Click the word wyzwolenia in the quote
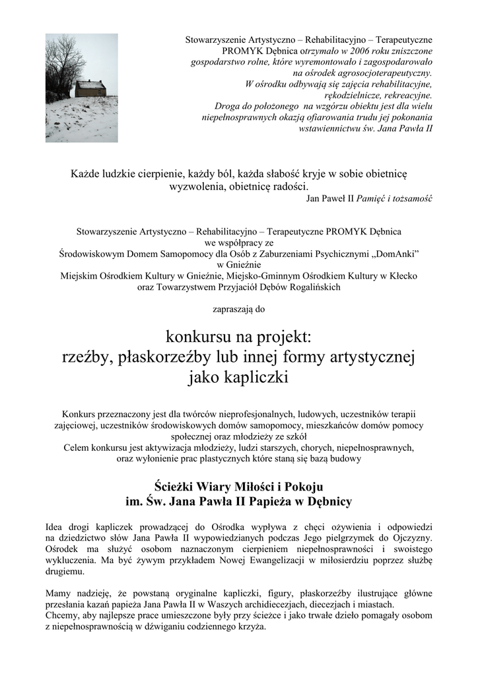(x=197, y=186)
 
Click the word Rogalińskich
(x=308, y=287)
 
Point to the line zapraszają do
(x=239, y=309)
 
